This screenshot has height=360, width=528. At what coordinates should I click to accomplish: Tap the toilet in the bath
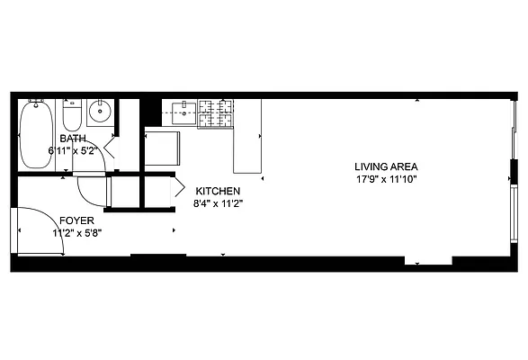click(73, 115)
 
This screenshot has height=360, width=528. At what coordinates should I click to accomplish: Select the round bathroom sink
click(100, 113)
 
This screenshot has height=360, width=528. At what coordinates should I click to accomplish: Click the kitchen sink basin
click(183, 112)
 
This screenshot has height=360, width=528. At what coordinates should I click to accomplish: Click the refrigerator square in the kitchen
click(163, 148)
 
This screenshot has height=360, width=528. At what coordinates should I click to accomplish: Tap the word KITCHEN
click(217, 191)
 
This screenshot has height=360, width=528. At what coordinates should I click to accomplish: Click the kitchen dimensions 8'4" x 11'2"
click(217, 203)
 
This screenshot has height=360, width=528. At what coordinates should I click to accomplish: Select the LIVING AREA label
click(386, 166)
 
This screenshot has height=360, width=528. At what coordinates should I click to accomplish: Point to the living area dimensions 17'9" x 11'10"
click(386, 179)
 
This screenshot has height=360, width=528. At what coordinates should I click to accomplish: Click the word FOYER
click(76, 220)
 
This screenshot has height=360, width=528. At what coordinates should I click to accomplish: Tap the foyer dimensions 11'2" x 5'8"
click(77, 232)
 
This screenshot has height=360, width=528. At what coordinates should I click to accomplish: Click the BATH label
click(72, 139)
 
